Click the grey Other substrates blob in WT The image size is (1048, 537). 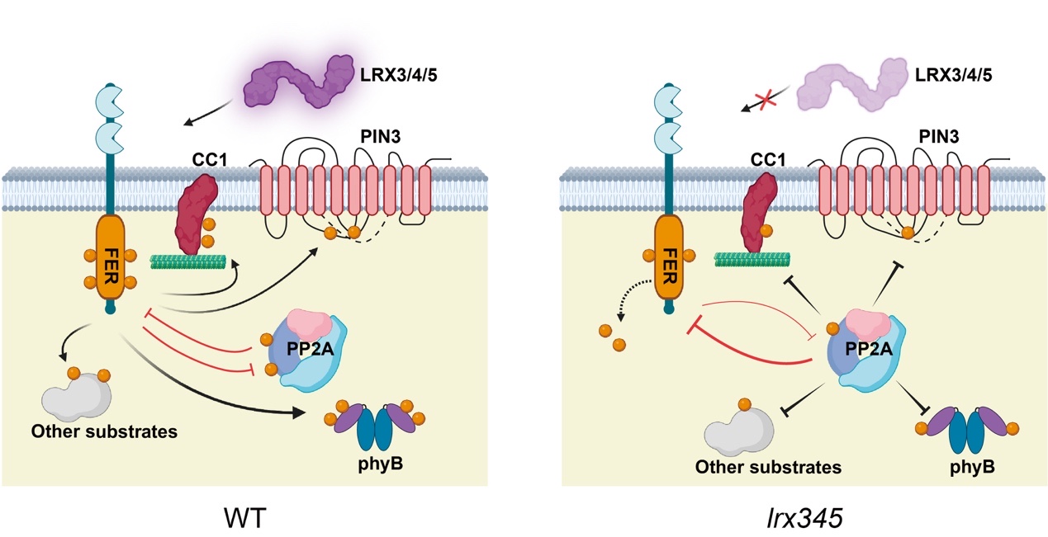[79, 400]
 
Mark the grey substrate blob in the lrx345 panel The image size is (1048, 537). [739, 431]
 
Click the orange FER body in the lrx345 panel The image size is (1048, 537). [670, 259]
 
